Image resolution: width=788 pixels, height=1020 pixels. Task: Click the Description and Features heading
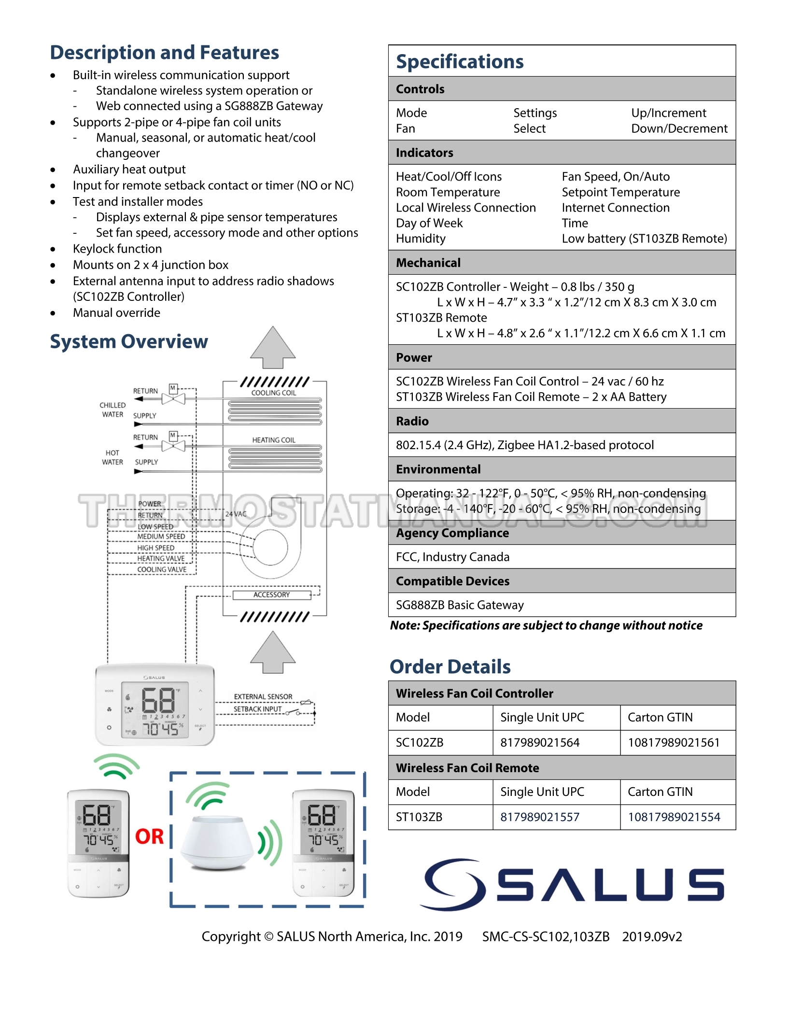coord(165,52)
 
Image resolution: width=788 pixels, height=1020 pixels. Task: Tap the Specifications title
coord(460,62)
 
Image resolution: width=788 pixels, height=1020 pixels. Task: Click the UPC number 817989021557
coord(539,817)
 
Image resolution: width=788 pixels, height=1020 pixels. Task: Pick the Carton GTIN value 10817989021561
coord(674,742)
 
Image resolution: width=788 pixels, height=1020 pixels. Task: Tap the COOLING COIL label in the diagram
coord(274,393)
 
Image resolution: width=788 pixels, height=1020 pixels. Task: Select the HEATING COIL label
coord(274,440)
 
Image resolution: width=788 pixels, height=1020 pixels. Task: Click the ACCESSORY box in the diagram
coord(272,595)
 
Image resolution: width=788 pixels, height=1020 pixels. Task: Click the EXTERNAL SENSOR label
coord(263,696)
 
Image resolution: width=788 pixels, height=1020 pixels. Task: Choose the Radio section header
coord(412,421)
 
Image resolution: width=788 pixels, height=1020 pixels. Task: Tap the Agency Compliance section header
coord(452,533)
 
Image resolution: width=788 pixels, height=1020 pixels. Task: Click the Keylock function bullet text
coord(117,249)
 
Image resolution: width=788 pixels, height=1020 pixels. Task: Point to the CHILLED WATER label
coord(113,410)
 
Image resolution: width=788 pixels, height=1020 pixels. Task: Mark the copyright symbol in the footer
coord(268,936)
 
